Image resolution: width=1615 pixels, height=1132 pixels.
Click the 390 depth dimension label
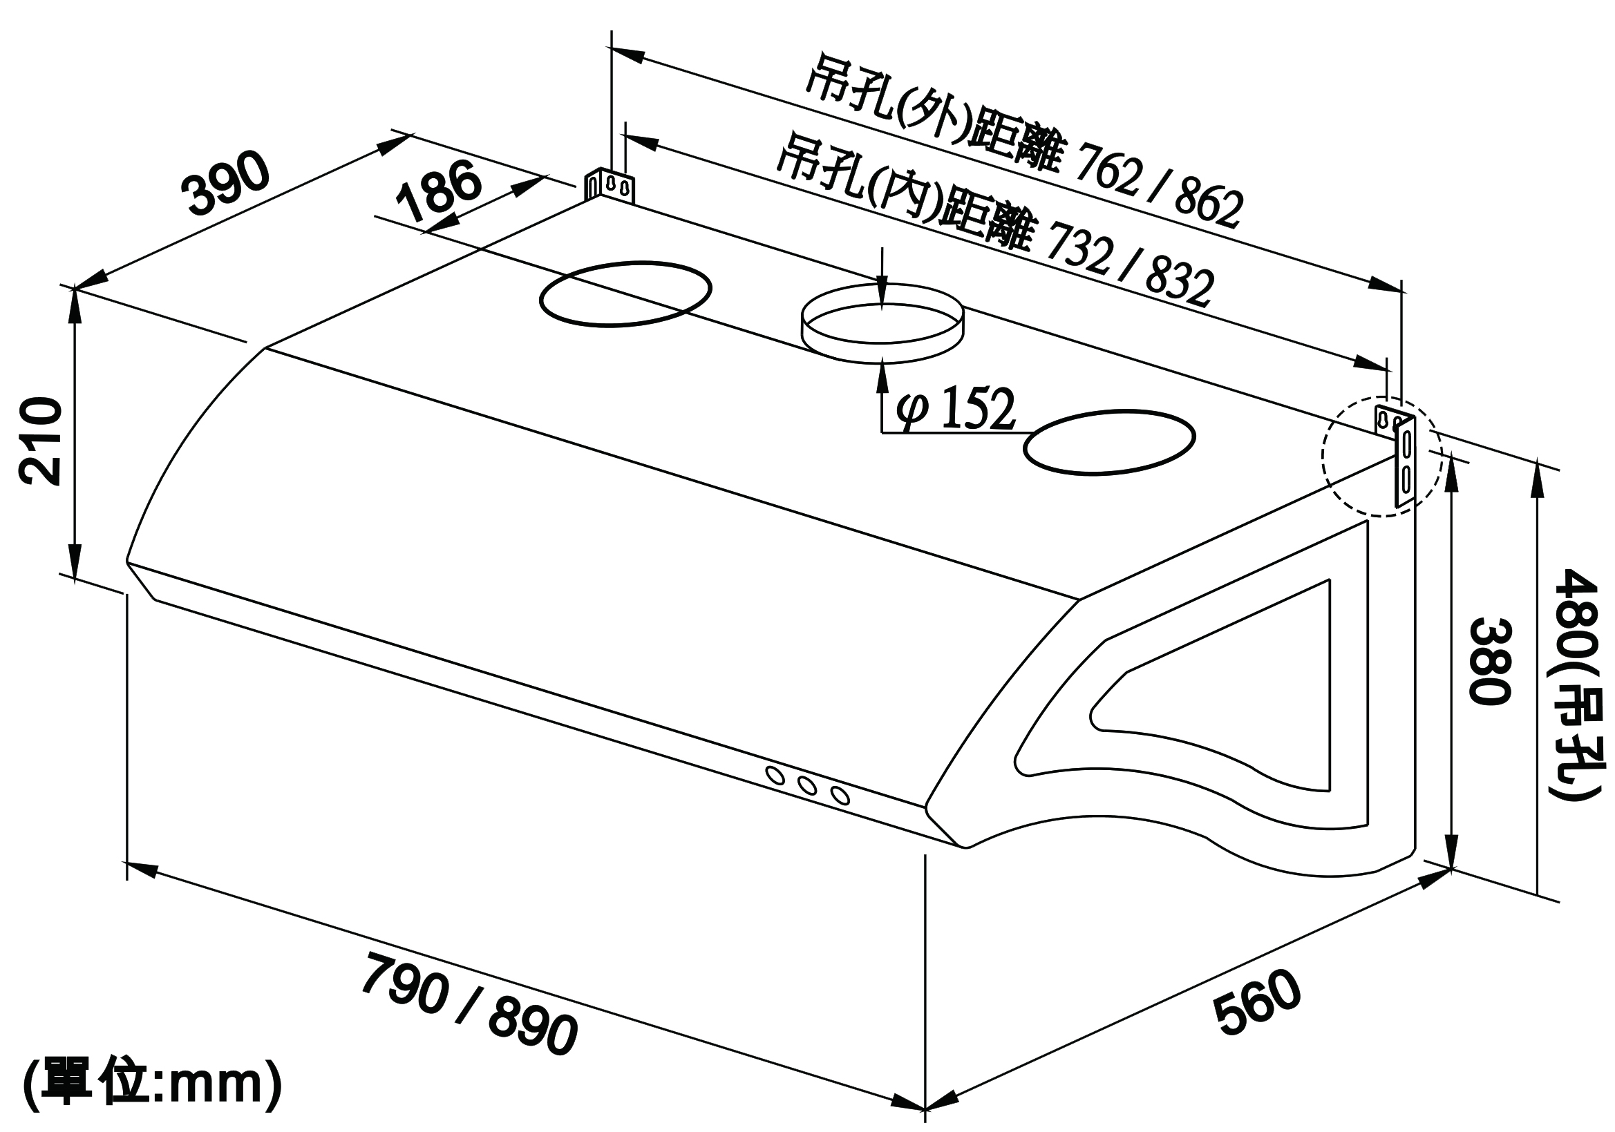(226, 182)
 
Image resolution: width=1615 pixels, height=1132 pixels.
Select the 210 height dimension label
(40, 441)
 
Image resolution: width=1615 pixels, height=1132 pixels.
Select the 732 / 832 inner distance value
(1131, 265)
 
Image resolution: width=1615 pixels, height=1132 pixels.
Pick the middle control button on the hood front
(807, 785)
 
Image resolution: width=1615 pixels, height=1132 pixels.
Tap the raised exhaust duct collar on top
(882, 323)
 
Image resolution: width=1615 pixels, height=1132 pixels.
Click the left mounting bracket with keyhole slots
(609, 186)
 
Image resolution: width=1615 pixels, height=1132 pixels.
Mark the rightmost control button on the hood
(839, 795)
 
